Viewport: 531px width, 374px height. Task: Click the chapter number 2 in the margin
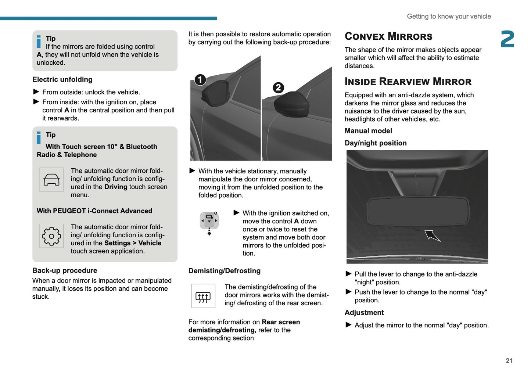pyautogui.click(x=507, y=39)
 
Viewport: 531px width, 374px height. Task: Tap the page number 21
pyautogui.click(x=509, y=361)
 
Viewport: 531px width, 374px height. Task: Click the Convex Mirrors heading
pyautogui.click(x=388, y=36)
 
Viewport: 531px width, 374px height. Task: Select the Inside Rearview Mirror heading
pyautogui.click(x=408, y=82)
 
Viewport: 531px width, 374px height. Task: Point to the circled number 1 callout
pyautogui.click(x=200, y=80)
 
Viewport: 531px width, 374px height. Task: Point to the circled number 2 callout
pyautogui.click(x=278, y=87)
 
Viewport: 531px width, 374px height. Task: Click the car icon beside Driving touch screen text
pyautogui.click(x=51, y=180)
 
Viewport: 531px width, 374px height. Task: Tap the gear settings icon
pyautogui.click(x=51, y=236)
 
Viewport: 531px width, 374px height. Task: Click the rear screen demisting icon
pyautogui.click(x=203, y=296)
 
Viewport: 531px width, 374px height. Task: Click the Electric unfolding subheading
pyautogui.click(x=62, y=79)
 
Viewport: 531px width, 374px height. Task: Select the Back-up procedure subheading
pyautogui.click(x=65, y=270)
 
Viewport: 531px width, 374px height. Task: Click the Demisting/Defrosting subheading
pyautogui.click(x=224, y=271)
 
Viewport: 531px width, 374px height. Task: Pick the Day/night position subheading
pyautogui.click(x=376, y=143)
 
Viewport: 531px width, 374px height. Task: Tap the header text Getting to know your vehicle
pyautogui.click(x=449, y=16)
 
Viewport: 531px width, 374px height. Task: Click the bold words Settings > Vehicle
pyautogui.click(x=133, y=243)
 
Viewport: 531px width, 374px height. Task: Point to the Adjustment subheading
pyautogui.click(x=364, y=313)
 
